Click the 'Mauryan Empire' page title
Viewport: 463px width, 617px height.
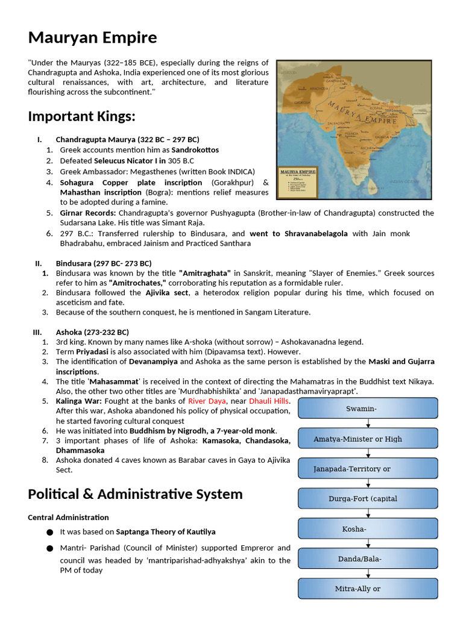tap(92, 38)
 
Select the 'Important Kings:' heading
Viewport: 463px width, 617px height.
tap(81, 116)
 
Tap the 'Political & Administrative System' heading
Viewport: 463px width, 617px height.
tap(135, 494)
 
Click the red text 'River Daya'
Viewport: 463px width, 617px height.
tap(206, 401)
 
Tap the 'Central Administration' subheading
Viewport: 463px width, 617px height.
tap(68, 517)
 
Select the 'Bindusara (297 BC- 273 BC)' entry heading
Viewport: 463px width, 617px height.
tap(103, 263)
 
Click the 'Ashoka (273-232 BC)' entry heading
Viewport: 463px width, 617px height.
tap(92, 332)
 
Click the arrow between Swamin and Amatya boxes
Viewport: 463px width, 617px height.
tap(368, 424)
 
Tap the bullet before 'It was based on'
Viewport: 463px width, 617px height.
tap(48, 532)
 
